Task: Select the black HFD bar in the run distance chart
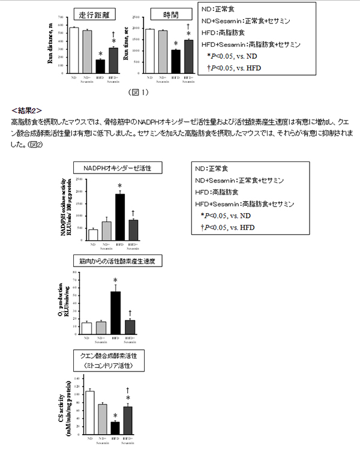(100, 66)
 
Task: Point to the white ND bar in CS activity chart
(90, 413)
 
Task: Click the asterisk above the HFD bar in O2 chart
(115, 280)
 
